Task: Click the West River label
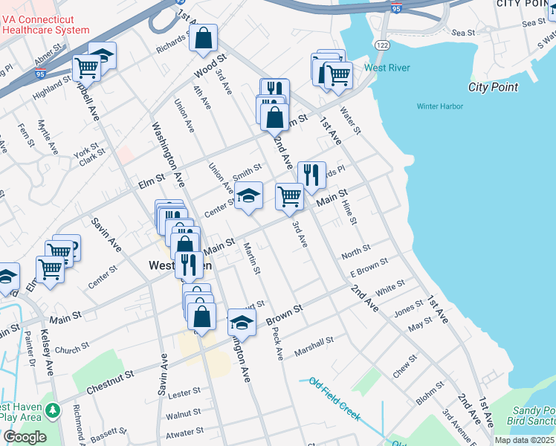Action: (387, 68)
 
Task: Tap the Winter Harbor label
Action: (439, 106)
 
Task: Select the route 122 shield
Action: (382, 45)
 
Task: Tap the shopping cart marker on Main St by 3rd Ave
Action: (289, 196)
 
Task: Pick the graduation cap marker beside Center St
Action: (248, 196)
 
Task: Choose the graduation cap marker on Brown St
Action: (241, 323)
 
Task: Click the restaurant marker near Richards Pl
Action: (311, 175)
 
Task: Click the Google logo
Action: (25, 437)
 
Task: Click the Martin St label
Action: (251, 260)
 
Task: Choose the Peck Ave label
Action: (278, 343)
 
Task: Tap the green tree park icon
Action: (52, 410)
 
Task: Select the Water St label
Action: (350, 120)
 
